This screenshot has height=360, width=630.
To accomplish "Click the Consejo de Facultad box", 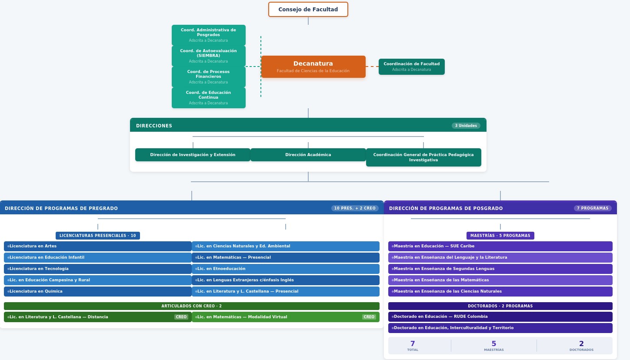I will (x=308, y=10).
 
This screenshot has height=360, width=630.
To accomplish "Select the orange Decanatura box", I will (x=313, y=67).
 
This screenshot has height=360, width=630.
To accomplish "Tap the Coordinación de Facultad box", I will (x=411, y=67).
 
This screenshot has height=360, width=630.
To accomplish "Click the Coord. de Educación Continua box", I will (x=208, y=98).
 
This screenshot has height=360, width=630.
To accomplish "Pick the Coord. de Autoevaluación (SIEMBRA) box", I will (x=208, y=56).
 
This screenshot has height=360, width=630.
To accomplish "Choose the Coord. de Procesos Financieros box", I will (x=208, y=77).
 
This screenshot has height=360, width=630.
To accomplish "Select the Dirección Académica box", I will (x=308, y=155).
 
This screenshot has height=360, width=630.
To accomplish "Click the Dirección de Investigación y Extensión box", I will (x=193, y=155).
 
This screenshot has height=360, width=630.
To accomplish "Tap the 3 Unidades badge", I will (x=466, y=126).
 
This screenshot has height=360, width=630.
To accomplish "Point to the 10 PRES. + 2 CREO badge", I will (x=355, y=208).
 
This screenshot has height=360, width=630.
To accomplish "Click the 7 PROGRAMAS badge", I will (x=593, y=208).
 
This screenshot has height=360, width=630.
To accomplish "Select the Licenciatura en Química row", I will (x=98, y=291).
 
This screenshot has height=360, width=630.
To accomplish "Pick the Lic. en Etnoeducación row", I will (x=285, y=269).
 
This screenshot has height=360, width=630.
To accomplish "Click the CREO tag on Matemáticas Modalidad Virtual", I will (x=369, y=317).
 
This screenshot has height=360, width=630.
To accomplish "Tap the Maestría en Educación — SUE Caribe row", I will (x=500, y=246).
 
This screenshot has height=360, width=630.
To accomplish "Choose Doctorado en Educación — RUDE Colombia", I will (x=500, y=317).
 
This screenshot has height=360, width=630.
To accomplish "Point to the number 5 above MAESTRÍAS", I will (x=493, y=344).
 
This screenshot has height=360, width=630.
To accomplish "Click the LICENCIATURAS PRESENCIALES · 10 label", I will (x=98, y=236).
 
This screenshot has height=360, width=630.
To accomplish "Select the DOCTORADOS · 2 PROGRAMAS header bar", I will (x=500, y=306).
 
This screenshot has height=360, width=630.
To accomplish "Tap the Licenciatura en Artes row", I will (x=98, y=246).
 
